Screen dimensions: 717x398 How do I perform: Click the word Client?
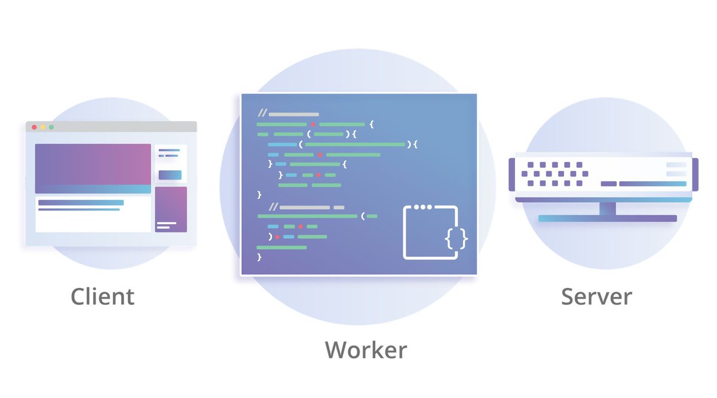(x=102, y=296)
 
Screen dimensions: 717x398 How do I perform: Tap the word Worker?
(x=366, y=350)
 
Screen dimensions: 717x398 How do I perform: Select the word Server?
(x=596, y=296)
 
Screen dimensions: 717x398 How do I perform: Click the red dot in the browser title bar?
(x=34, y=127)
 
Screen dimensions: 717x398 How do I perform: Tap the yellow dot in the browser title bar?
(x=42, y=127)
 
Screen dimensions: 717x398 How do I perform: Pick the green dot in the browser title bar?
(x=51, y=127)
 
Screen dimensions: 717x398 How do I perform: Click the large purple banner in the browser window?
(x=93, y=165)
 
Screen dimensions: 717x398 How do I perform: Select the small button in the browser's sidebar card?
(x=170, y=175)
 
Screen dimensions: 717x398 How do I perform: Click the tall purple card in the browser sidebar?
(x=171, y=209)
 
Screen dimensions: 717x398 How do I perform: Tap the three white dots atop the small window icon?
(x=422, y=207)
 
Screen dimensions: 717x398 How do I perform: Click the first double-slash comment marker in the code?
(x=262, y=114)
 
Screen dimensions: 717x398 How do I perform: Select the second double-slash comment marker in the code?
(x=274, y=207)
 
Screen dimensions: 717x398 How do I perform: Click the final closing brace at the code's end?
(x=259, y=257)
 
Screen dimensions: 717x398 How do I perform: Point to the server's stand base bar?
(x=607, y=219)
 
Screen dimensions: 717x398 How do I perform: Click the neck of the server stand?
(x=608, y=208)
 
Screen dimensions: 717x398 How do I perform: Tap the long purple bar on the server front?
(x=652, y=183)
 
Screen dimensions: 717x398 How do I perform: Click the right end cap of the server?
(x=695, y=174)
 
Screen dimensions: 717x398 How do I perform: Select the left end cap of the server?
(x=511, y=174)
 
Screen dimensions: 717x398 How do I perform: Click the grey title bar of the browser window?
(x=119, y=127)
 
